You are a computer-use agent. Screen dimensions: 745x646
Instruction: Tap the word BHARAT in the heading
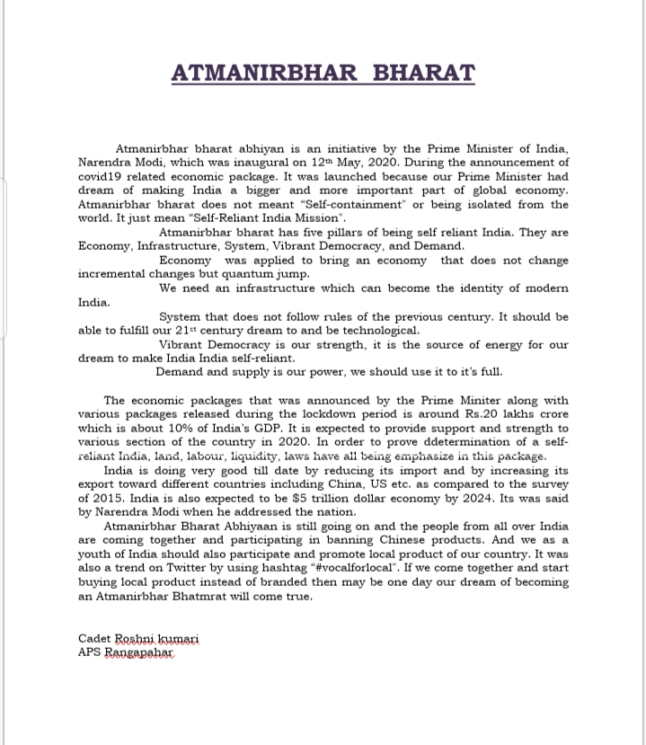(423, 73)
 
